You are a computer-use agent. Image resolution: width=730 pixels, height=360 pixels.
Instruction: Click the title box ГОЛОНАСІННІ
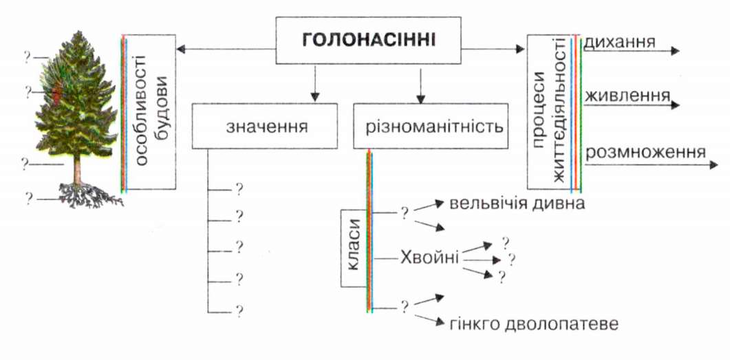point(368,41)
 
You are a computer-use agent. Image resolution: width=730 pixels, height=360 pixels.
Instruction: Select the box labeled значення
point(264,126)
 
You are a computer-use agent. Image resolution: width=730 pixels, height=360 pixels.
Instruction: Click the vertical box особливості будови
point(149,112)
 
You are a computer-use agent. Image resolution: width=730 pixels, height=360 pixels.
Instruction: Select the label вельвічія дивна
point(517,204)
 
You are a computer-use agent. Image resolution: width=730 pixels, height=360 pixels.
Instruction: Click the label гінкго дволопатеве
point(535,324)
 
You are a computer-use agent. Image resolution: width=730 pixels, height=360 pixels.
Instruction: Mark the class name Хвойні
point(429,257)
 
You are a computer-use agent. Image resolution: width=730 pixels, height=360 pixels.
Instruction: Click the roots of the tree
point(90,195)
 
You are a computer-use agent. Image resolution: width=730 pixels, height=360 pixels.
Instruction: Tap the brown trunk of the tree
point(78,169)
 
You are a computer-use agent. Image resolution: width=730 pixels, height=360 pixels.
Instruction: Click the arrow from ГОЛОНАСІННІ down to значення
point(315,83)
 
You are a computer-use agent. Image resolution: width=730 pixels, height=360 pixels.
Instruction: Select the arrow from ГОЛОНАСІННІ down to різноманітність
point(421,85)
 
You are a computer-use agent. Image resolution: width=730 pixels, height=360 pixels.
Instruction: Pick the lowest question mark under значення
point(239,310)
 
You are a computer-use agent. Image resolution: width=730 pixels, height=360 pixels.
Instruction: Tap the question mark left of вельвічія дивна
point(405,213)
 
